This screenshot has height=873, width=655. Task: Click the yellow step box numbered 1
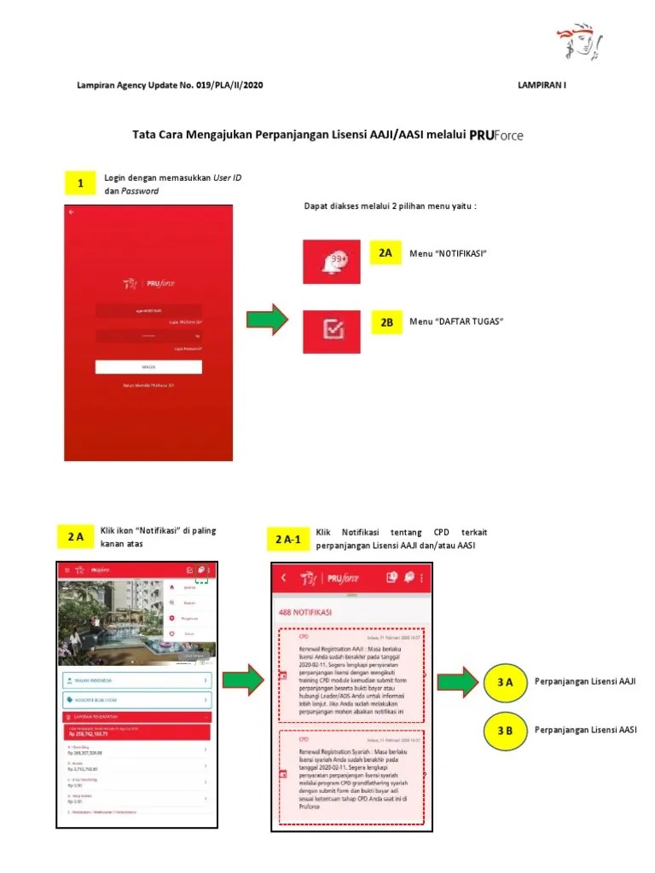80,183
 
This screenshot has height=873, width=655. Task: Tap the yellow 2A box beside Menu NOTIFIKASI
386,253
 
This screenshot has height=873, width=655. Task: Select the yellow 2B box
386,323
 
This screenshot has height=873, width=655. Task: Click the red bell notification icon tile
332,262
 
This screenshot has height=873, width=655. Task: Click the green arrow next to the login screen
267,321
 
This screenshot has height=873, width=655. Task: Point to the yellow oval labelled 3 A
504,682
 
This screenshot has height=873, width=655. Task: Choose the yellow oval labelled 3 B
504,731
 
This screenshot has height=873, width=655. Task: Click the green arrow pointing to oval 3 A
458,682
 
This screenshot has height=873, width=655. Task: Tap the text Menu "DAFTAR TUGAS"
456,321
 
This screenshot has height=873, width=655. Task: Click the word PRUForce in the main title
496,135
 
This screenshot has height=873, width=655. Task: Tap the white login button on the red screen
148,367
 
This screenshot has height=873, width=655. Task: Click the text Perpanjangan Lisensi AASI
586,730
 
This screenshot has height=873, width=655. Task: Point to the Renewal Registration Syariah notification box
351,775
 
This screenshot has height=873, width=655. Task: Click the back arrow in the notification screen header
284,577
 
